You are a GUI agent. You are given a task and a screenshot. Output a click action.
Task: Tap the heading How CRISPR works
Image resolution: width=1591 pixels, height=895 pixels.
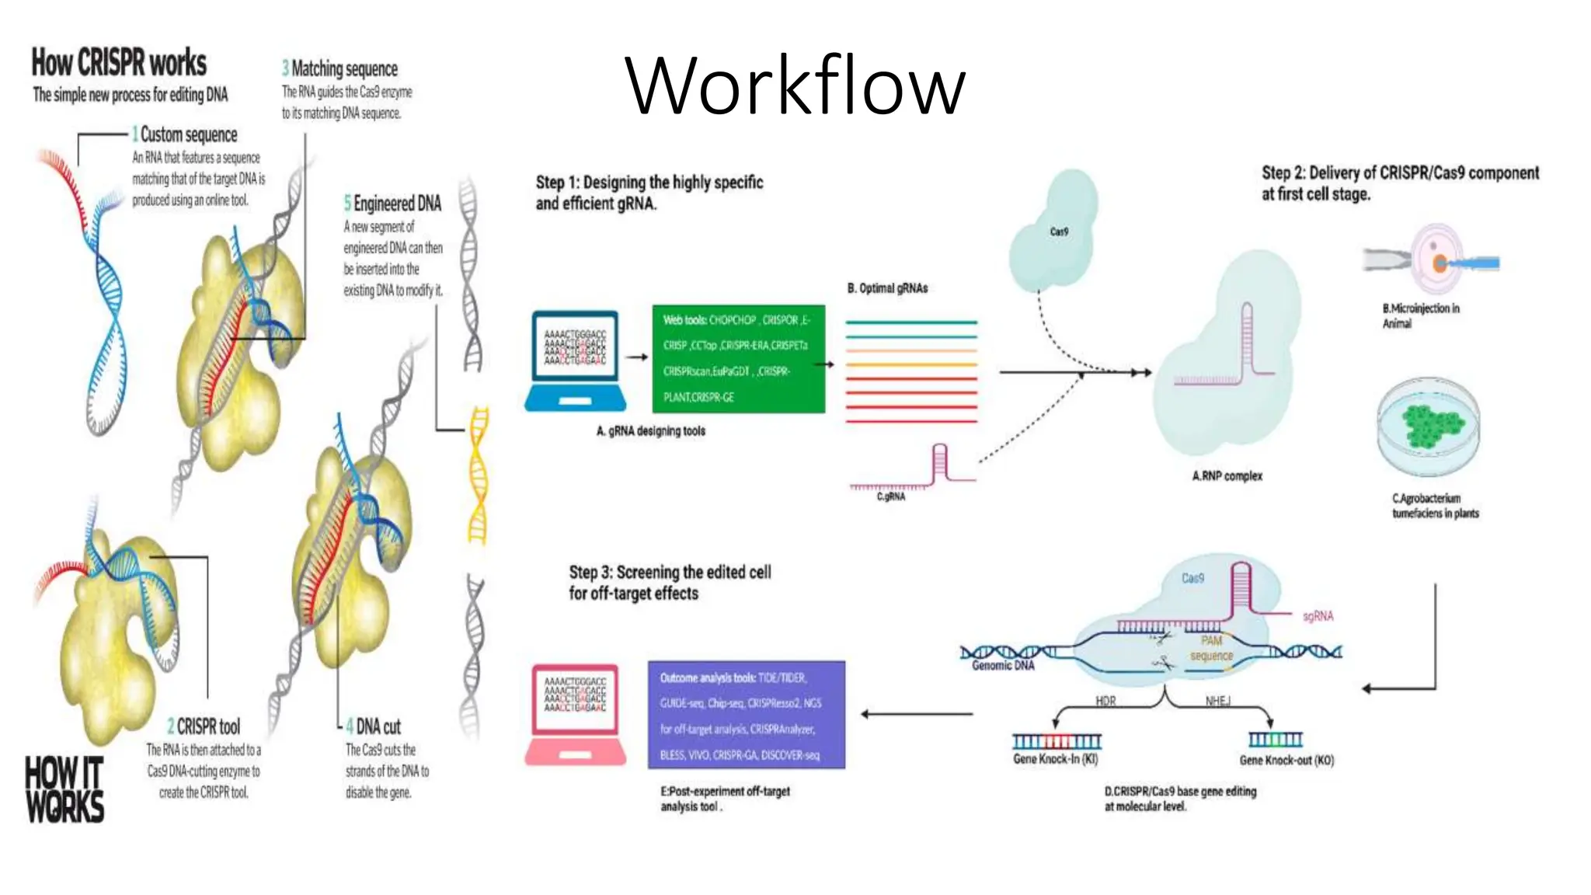(119, 63)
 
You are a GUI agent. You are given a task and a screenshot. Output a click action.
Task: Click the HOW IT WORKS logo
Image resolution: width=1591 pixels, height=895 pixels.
(64, 789)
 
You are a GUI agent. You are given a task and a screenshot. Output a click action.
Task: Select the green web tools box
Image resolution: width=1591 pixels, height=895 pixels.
(738, 358)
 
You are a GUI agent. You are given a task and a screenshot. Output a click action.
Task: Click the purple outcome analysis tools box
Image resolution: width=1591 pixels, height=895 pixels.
(746, 715)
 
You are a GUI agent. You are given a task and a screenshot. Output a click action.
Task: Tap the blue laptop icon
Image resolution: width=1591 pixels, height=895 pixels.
(575, 361)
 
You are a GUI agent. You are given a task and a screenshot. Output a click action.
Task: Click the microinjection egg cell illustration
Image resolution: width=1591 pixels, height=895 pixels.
(1437, 260)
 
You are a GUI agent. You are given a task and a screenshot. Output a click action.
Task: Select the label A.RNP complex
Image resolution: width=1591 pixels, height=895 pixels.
(1227, 476)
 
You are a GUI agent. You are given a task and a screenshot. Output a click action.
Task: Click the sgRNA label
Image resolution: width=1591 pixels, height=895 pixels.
(1318, 616)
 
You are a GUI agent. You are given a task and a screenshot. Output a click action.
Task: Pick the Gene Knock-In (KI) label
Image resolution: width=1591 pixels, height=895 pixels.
(1055, 759)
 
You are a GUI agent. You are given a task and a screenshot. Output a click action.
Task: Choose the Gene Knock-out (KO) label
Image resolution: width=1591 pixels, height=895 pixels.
(1286, 760)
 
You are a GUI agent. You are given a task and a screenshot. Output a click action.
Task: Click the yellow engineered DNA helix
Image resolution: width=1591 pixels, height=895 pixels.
(478, 475)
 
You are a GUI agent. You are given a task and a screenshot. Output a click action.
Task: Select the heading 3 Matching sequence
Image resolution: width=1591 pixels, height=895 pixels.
(339, 68)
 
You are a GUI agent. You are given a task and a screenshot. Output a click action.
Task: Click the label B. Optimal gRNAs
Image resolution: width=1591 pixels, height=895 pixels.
(887, 288)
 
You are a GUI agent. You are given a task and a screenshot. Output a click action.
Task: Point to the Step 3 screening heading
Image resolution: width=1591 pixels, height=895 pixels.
(670, 583)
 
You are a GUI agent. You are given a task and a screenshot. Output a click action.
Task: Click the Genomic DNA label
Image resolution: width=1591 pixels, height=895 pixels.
(1003, 666)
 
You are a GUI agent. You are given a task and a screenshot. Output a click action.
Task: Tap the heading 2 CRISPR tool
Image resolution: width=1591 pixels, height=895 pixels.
(204, 727)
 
